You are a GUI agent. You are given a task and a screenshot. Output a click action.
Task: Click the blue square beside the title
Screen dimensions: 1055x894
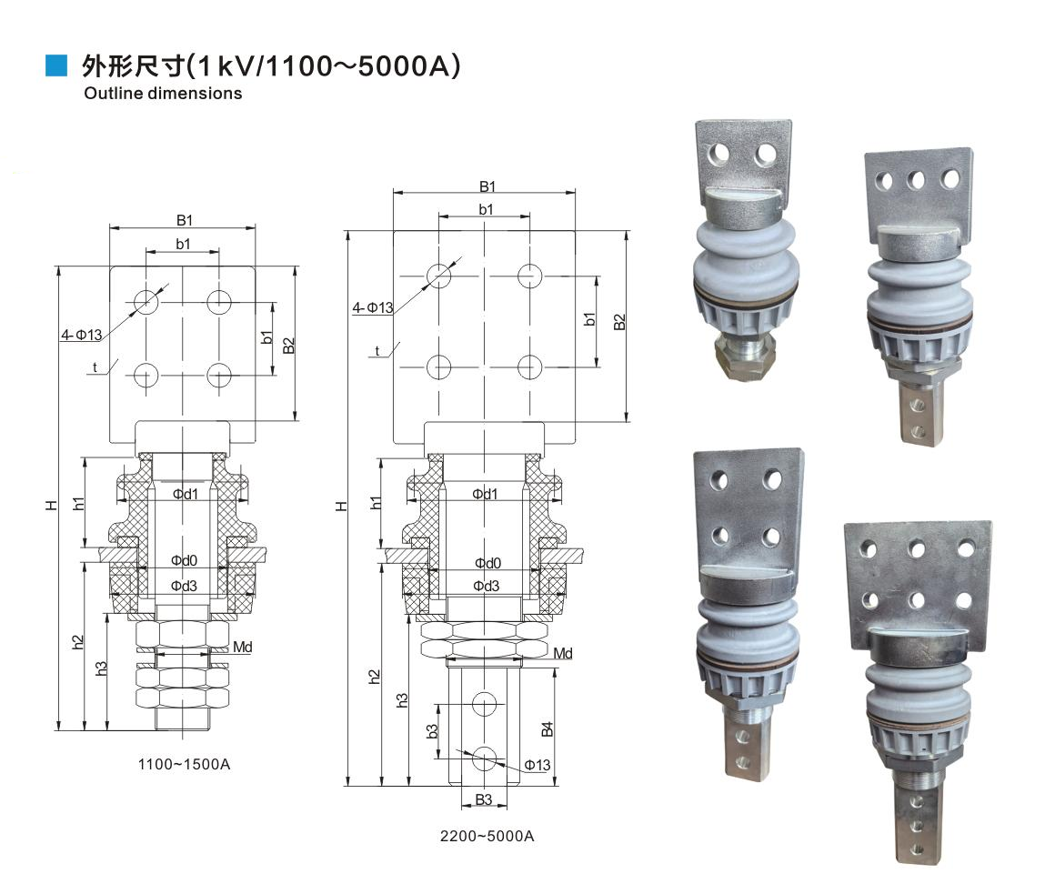[x=56, y=65]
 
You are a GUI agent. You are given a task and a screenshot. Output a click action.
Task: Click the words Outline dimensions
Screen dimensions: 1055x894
[x=163, y=94]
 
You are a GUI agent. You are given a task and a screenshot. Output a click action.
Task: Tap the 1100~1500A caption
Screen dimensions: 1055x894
[x=184, y=764]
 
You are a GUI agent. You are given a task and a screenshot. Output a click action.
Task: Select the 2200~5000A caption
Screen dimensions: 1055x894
[x=487, y=836]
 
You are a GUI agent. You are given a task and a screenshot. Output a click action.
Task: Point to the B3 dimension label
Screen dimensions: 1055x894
[x=484, y=799]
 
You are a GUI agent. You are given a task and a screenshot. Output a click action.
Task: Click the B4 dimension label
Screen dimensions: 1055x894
[x=547, y=729]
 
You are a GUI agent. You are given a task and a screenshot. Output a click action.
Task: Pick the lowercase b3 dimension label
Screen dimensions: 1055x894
[x=432, y=731]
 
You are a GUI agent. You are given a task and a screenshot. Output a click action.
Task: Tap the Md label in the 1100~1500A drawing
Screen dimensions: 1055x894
[x=242, y=648]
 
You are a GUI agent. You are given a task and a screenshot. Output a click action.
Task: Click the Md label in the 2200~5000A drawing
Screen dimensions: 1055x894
[x=562, y=653]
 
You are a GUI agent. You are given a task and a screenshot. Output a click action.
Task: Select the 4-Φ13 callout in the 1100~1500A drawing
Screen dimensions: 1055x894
[x=82, y=335]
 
